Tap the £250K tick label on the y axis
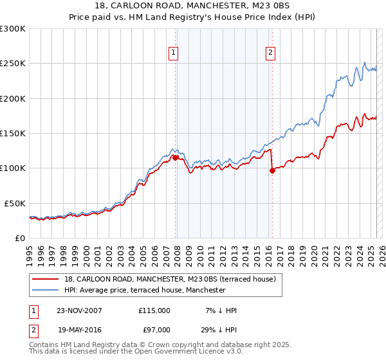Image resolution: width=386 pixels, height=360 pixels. click(x=13, y=64)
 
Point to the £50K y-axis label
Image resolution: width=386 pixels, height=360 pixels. click(x=15, y=203)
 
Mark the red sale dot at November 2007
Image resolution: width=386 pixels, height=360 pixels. click(x=175, y=157)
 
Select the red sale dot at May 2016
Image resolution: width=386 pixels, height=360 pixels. click(x=272, y=170)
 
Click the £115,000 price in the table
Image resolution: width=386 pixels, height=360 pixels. click(x=154, y=310)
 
